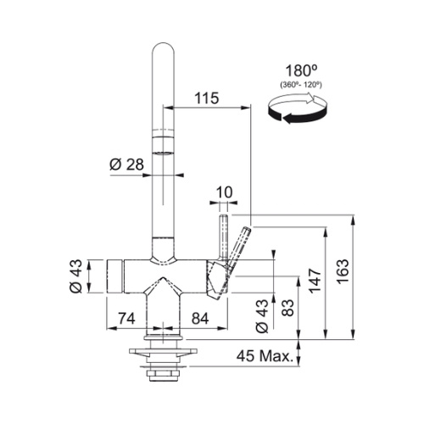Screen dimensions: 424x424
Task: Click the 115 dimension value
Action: click(207, 98)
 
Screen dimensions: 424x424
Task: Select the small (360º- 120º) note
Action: click(301, 85)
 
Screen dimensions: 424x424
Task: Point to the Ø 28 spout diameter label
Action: click(126, 165)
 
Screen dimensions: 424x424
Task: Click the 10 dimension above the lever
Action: click(224, 192)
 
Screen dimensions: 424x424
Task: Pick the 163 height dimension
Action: click(343, 271)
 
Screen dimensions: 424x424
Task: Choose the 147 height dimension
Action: click(315, 282)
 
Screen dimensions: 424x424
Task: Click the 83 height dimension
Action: click(288, 308)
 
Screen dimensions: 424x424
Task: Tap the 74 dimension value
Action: click(126, 319)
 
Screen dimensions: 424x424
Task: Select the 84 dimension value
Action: click(200, 319)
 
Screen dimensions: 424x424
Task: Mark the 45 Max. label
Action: click(265, 356)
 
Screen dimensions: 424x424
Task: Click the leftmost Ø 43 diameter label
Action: click(75, 276)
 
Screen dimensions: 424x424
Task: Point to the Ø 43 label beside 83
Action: click(261, 315)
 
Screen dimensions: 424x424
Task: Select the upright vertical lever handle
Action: click(223, 237)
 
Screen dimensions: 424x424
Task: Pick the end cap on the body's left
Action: click(114, 276)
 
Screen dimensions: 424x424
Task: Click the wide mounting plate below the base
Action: click(163, 351)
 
